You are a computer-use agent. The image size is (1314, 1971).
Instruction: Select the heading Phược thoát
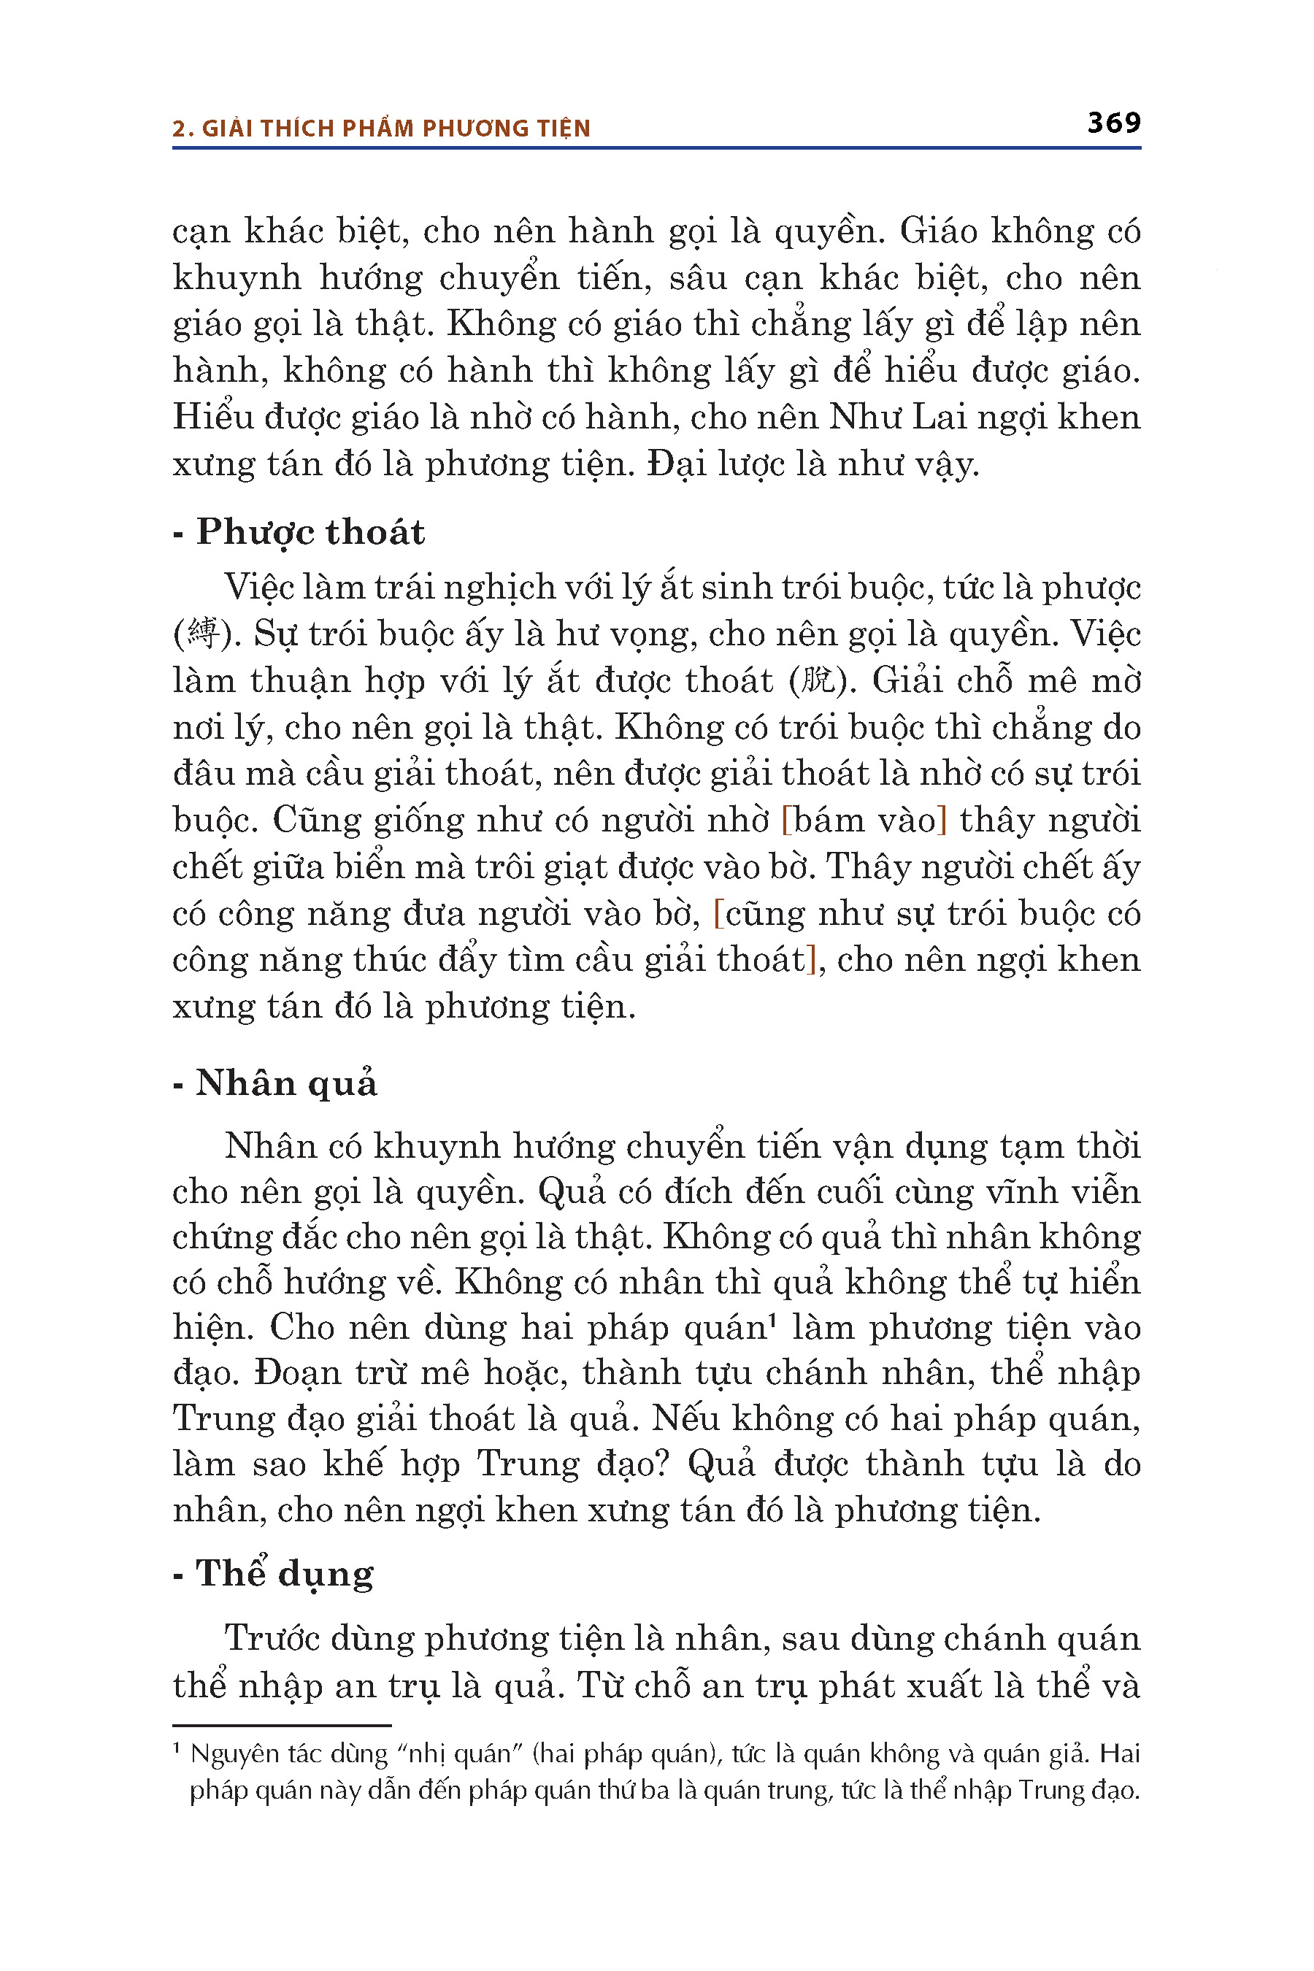[x=310, y=532]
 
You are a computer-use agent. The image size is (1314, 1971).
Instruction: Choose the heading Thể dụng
[x=284, y=1573]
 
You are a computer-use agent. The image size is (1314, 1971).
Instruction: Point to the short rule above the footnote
[x=282, y=1726]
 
